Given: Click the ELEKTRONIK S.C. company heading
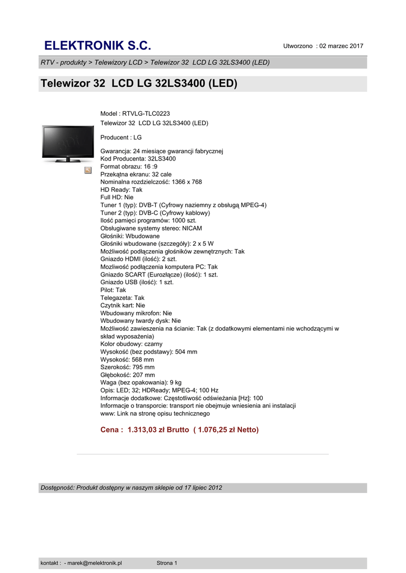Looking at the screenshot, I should tap(98, 45).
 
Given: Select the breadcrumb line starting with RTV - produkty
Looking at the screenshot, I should tap(155, 62).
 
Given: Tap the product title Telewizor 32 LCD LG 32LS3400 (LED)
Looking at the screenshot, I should tap(139, 84).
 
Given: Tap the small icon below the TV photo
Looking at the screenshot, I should tap(88, 170).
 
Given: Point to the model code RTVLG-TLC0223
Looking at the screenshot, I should tap(146, 114).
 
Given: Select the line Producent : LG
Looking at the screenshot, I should tap(121, 137).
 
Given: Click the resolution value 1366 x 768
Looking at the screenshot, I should tap(187, 182).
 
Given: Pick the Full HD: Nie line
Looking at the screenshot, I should tap(117, 198).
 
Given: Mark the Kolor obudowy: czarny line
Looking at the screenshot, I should tap(132, 344).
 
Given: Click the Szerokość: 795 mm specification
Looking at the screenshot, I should tap(127, 367).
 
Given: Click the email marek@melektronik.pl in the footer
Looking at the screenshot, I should tap(95, 563).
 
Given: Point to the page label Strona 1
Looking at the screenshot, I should tap(167, 563).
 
